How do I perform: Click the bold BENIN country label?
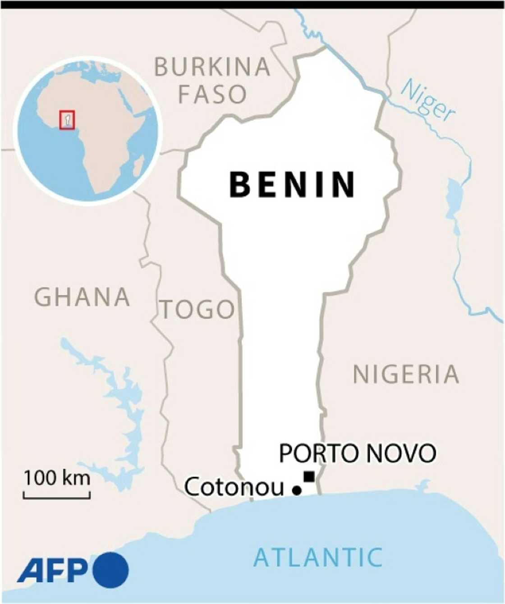(292, 184)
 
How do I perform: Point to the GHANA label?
(83, 297)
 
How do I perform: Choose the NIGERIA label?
(406, 375)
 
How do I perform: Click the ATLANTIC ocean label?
(318, 557)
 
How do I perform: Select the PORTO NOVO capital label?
(358, 453)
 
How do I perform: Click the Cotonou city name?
(234, 487)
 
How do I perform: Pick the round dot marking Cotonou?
(297, 490)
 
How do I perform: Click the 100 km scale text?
(57, 477)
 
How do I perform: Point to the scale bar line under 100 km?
(57, 498)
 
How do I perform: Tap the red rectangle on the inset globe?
(67, 120)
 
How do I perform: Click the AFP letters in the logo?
(53, 571)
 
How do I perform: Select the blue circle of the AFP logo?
(111, 570)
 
